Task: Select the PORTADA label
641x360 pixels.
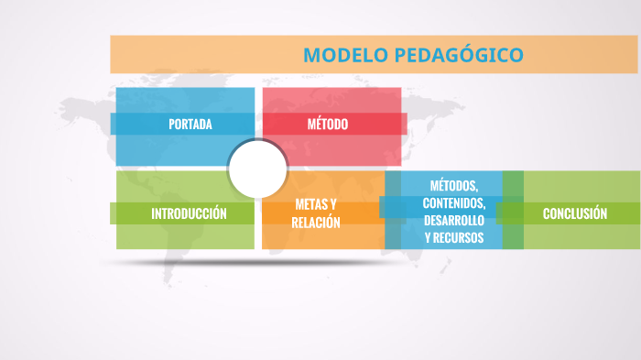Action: pyautogui.click(x=190, y=124)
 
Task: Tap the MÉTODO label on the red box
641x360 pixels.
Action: pyautogui.click(x=327, y=124)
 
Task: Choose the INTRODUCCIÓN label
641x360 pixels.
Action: pyautogui.click(x=189, y=213)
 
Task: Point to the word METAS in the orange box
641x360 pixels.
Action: pyautogui.click(x=310, y=203)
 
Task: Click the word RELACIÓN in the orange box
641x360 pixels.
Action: pyautogui.click(x=316, y=223)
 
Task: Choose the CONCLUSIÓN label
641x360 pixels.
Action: pyautogui.click(x=575, y=213)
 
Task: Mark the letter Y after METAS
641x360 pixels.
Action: pyautogui.click(x=333, y=203)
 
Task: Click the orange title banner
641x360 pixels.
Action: pyautogui.click(x=201, y=55)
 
